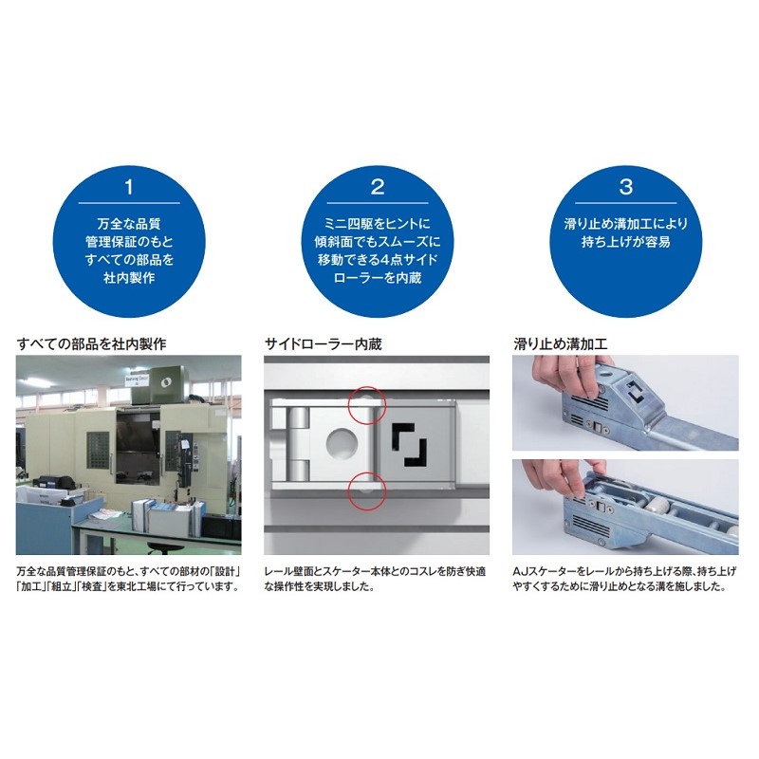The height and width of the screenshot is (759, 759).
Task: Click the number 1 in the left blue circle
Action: pyautogui.click(x=129, y=187)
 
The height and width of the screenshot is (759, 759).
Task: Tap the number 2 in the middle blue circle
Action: pyautogui.click(x=378, y=187)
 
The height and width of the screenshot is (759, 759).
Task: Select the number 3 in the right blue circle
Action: pyautogui.click(x=626, y=187)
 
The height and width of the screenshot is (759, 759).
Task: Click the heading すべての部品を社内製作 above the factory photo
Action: pyautogui.click(x=91, y=344)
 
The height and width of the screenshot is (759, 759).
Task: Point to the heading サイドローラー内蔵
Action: pyautogui.click(x=323, y=344)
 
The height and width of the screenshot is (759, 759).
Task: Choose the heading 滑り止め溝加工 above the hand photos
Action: pyautogui.click(x=560, y=344)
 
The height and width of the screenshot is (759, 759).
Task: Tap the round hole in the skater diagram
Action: pyautogui.click(x=342, y=443)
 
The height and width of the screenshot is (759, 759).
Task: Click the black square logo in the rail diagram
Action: pyautogui.click(x=410, y=445)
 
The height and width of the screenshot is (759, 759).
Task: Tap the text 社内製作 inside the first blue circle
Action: pyautogui.click(x=129, y=278)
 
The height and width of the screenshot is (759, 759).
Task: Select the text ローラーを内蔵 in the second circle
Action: pyautogui.click(x=378, y=278)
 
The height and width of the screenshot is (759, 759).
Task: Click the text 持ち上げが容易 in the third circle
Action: pyautogui.click(x=626, y=242)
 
